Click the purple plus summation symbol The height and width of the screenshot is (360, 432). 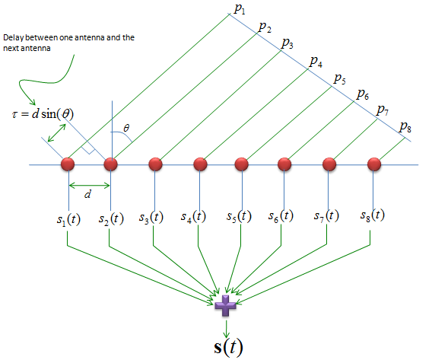pos(225,305)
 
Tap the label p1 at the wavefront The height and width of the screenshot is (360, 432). pos(240,9)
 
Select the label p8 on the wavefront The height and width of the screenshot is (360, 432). pos(405,127)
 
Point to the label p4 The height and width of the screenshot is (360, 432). pos(316,62)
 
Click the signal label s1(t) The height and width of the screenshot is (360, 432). pos(68,220)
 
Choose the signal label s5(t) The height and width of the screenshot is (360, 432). pos(239,216)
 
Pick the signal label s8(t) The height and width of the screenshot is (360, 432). pos(373,215)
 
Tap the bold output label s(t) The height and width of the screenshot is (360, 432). pos(228,347)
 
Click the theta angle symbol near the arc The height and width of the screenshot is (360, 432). pos(126,128)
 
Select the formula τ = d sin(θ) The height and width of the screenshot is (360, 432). pos(43,114)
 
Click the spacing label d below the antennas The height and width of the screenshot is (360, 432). pos(87,194)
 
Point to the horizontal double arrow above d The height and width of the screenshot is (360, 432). pos(89,186)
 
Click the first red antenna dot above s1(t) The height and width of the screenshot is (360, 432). pos(68,164)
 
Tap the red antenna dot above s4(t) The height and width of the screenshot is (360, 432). pos(200,164)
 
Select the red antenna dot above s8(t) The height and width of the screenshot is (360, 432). pos(374,164)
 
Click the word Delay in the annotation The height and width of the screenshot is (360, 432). pos(14,38)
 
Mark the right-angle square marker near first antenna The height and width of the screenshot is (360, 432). pos(89,148)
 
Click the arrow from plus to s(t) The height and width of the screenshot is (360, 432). pos(226,329)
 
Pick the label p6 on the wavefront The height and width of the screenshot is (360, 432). pos(363,94)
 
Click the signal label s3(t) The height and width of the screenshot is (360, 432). pos(151,218)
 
